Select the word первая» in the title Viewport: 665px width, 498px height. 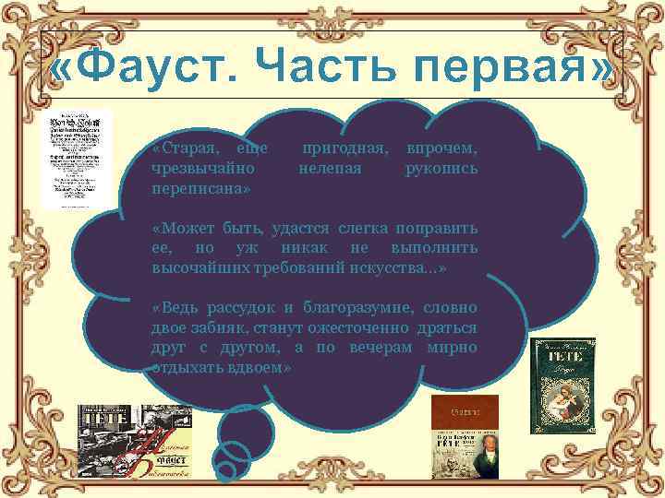point(527,65)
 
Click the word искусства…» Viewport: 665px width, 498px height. point(398,267)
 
